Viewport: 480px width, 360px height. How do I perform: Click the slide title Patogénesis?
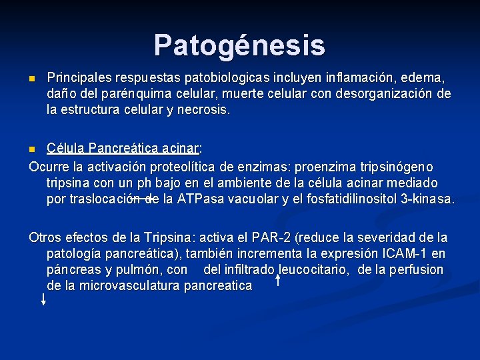click(x=239, y=45)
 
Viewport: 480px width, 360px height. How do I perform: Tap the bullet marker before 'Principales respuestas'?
click(x=32, y=79)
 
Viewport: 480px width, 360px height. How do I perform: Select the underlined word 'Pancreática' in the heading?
click(x=121, y=148)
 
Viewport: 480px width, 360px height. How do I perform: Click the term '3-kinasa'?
click(x=427, y=199)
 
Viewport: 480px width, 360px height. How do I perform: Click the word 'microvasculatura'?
click(x=126, y=285)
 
